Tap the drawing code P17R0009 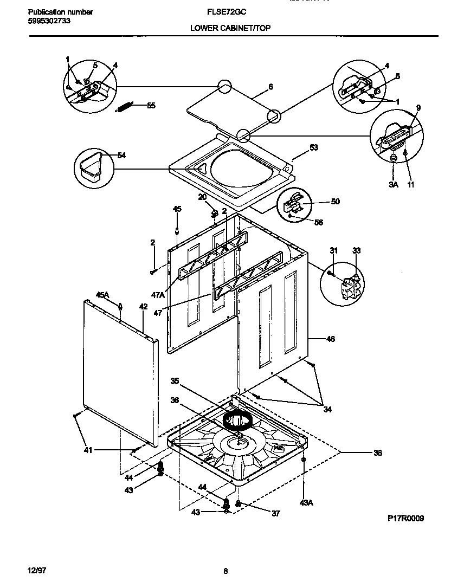pyautogui.click(x=405, y=519)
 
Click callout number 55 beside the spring pyautogui.click(x=151, y=106)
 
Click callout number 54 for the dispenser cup pyautogui.click(x=121, y=156)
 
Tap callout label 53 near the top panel pyautogui.click(x=313, y=147)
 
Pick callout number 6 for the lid pyautogui.click(x=270, y=87)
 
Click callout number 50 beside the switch pyautogui.click(x=335, y=202)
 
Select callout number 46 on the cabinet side pyautogui.click(x=330, y=339)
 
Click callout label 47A pyautogui.click(x=158, y=295)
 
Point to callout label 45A pyautogui.click(x=102, y=295)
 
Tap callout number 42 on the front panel pyautogui.click(x=143, y=307)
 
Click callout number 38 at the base pyautogui.click(x=377, y=452)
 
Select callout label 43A pyautogui.click(x=306, y=503)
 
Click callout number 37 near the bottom pyautogui.click(x=275, y=513)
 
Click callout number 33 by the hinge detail pyautogui.click(x=356, y=250)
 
